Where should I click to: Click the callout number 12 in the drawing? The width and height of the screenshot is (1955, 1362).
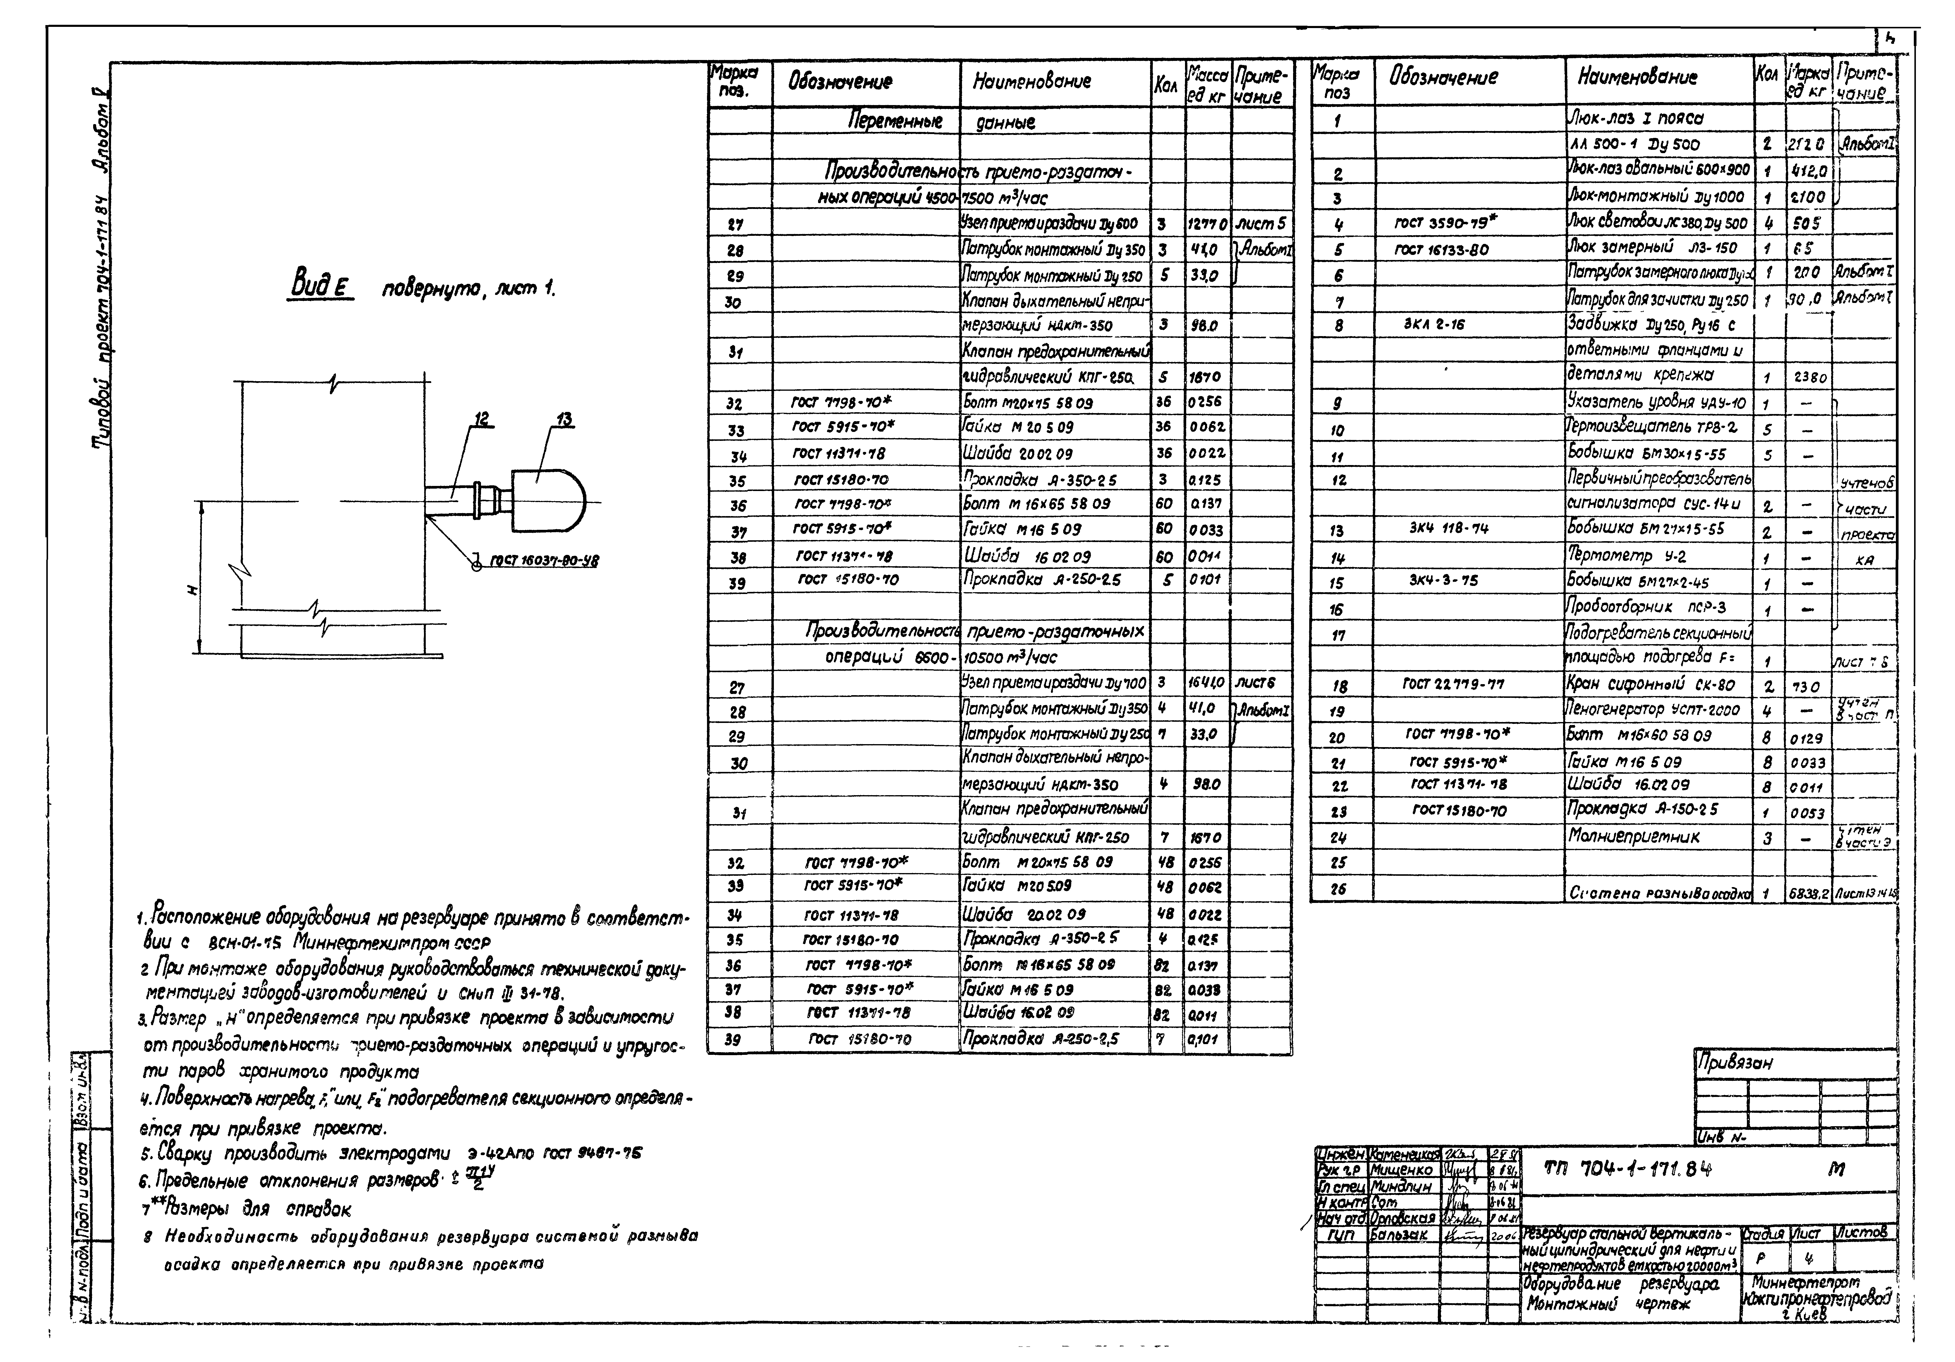pyautogui.click(x=482, y=419)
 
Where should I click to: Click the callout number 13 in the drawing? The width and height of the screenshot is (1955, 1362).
pyautogui.click(x=564, y=419)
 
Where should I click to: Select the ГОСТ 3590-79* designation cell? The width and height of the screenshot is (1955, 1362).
pyautogui.click(x=1445, y=223)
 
